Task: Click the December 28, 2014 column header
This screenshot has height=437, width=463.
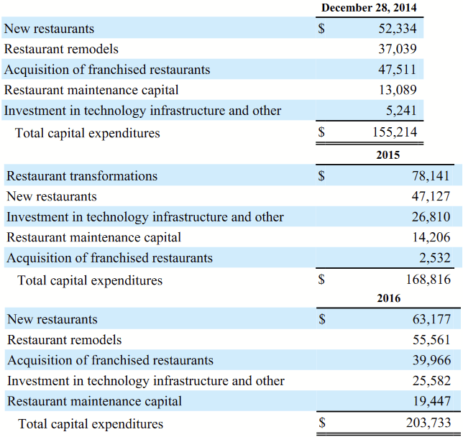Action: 368,8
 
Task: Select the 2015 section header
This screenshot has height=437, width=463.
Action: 388,155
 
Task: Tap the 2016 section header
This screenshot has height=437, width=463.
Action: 388,298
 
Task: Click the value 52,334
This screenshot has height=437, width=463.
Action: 397,29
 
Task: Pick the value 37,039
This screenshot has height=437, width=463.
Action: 397,50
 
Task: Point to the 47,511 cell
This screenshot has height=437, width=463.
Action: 397,70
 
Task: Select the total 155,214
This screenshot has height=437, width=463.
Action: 395,133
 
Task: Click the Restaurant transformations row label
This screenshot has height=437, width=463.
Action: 82,176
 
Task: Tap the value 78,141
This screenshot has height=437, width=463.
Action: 431,176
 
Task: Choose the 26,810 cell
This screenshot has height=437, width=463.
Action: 431,217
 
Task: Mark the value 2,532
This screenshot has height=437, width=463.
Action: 435,257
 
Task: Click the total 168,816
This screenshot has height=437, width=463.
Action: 428,280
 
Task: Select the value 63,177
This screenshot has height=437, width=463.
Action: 431,319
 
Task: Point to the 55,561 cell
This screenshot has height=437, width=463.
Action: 431,340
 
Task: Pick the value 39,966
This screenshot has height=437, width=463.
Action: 431,360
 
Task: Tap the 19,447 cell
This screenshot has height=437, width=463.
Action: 431,401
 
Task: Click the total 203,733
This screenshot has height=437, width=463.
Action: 429,424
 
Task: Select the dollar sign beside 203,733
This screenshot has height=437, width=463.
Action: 323,424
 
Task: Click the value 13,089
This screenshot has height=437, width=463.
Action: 397,91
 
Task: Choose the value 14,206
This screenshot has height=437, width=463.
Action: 431,237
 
